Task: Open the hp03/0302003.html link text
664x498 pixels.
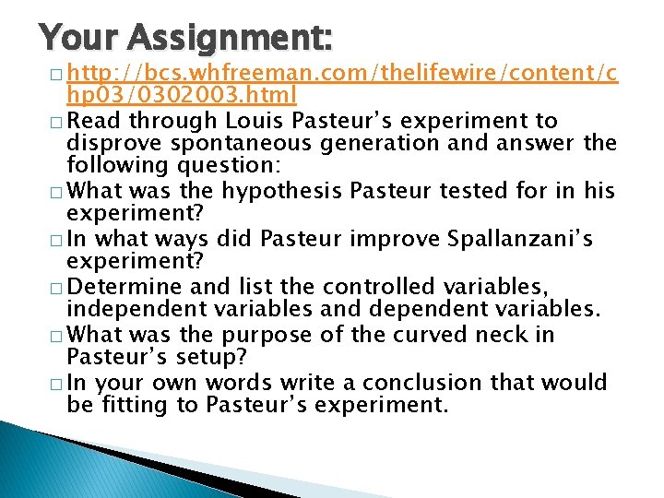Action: point(181,94)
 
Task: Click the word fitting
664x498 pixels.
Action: point(137,404)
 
